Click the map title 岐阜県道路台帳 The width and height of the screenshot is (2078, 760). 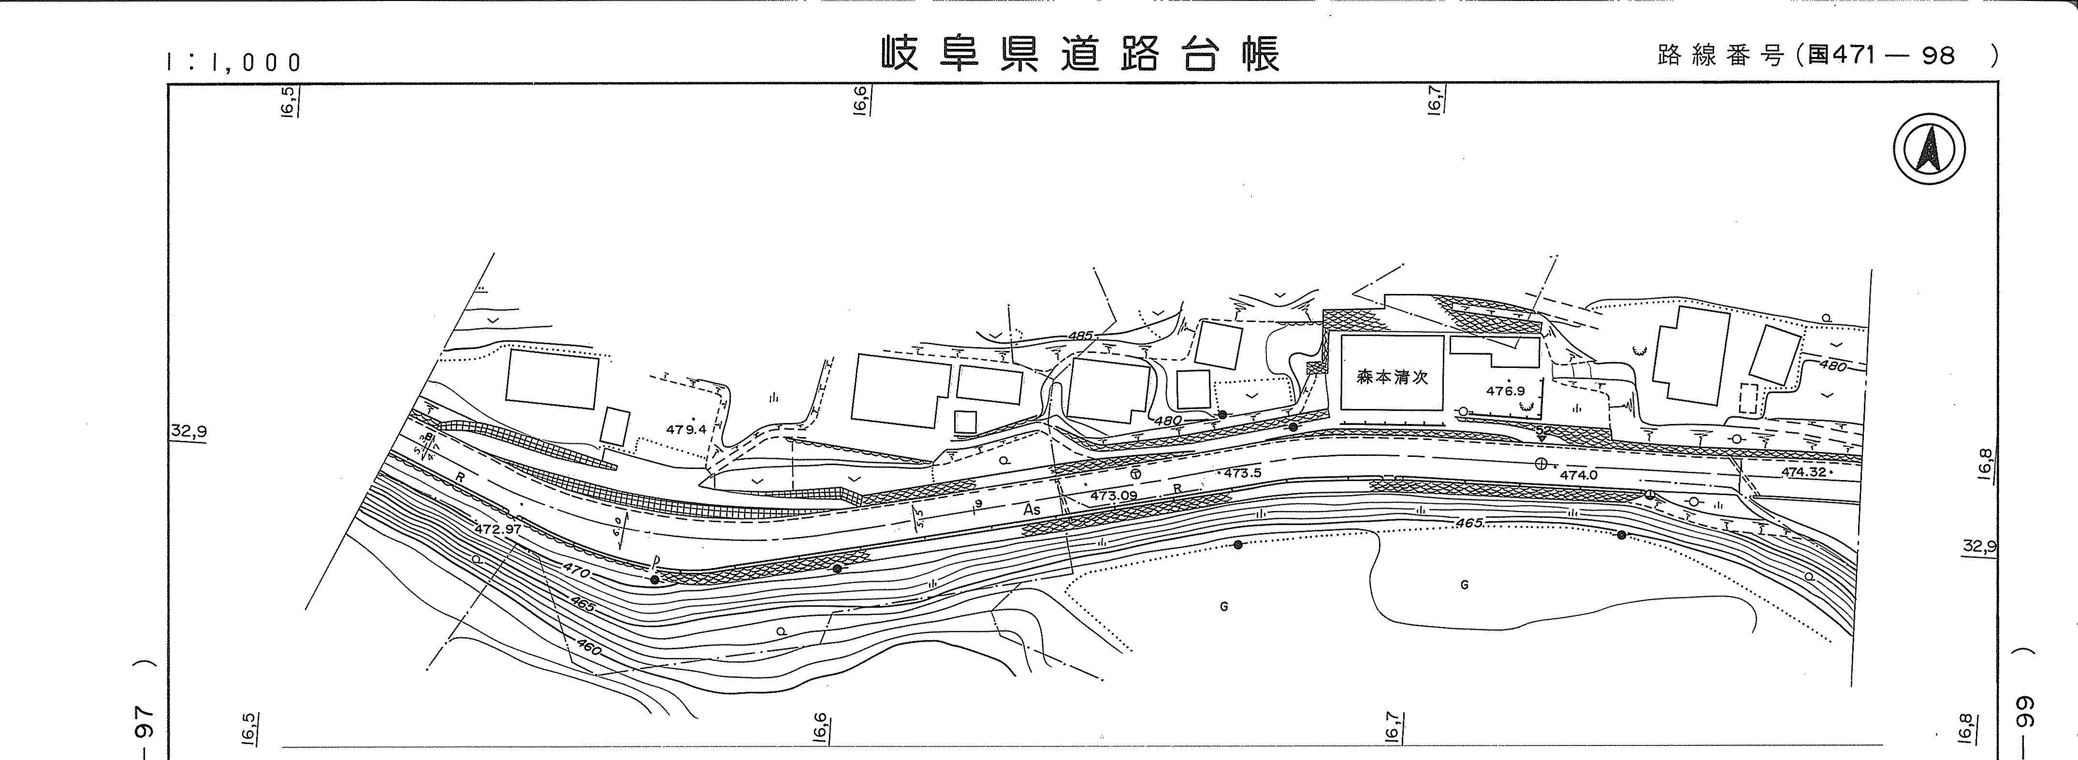coord(1079,55)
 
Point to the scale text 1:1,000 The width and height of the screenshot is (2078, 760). coord(234,62)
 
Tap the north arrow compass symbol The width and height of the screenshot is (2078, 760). coord(1929,150)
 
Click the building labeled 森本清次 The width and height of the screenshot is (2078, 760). coord(1392,376)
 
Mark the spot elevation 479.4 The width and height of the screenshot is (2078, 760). coord(686,429)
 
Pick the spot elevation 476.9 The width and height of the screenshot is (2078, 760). coord(1505,391)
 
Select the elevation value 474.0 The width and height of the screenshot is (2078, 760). coord(1578,475)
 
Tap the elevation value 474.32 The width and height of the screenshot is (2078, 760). coord(1804,472)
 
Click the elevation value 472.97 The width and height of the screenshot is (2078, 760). coord(498,529)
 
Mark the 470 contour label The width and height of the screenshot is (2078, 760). coord(577,572)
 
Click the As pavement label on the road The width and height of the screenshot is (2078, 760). coord(1032,510)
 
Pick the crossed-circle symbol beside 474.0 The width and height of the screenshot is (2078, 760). coord(1541,463)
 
